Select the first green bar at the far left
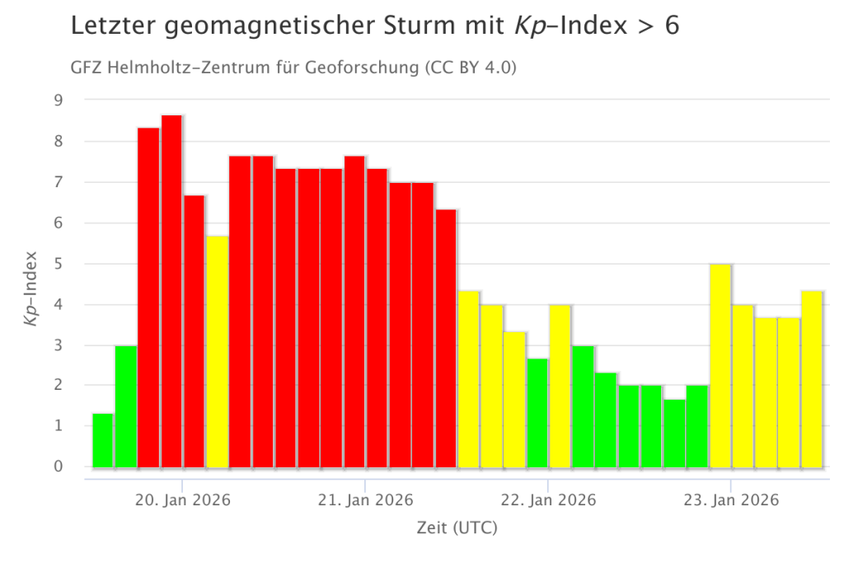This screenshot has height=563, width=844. click(102, 440)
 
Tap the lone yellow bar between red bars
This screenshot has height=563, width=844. click(218, 352)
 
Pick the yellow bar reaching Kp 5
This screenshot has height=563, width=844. click(720, 366)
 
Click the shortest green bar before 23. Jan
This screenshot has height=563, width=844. click(674, 434)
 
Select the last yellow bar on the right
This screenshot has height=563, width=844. click(812, 379)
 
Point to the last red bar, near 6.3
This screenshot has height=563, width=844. click(446, 339)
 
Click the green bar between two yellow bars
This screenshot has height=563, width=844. click(537, 413)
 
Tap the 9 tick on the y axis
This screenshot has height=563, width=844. click(59, 101)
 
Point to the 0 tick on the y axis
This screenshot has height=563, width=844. click(59, 467)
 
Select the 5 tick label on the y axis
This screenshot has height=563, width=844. click(59, 264)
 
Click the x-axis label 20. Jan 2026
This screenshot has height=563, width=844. click(183, 500)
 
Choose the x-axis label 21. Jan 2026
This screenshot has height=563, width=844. click(365, 500)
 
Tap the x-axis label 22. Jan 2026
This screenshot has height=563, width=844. click(548, 500)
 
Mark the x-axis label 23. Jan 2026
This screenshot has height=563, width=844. click(730, 500)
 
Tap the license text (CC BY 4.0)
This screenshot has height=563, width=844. click(471, 68)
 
